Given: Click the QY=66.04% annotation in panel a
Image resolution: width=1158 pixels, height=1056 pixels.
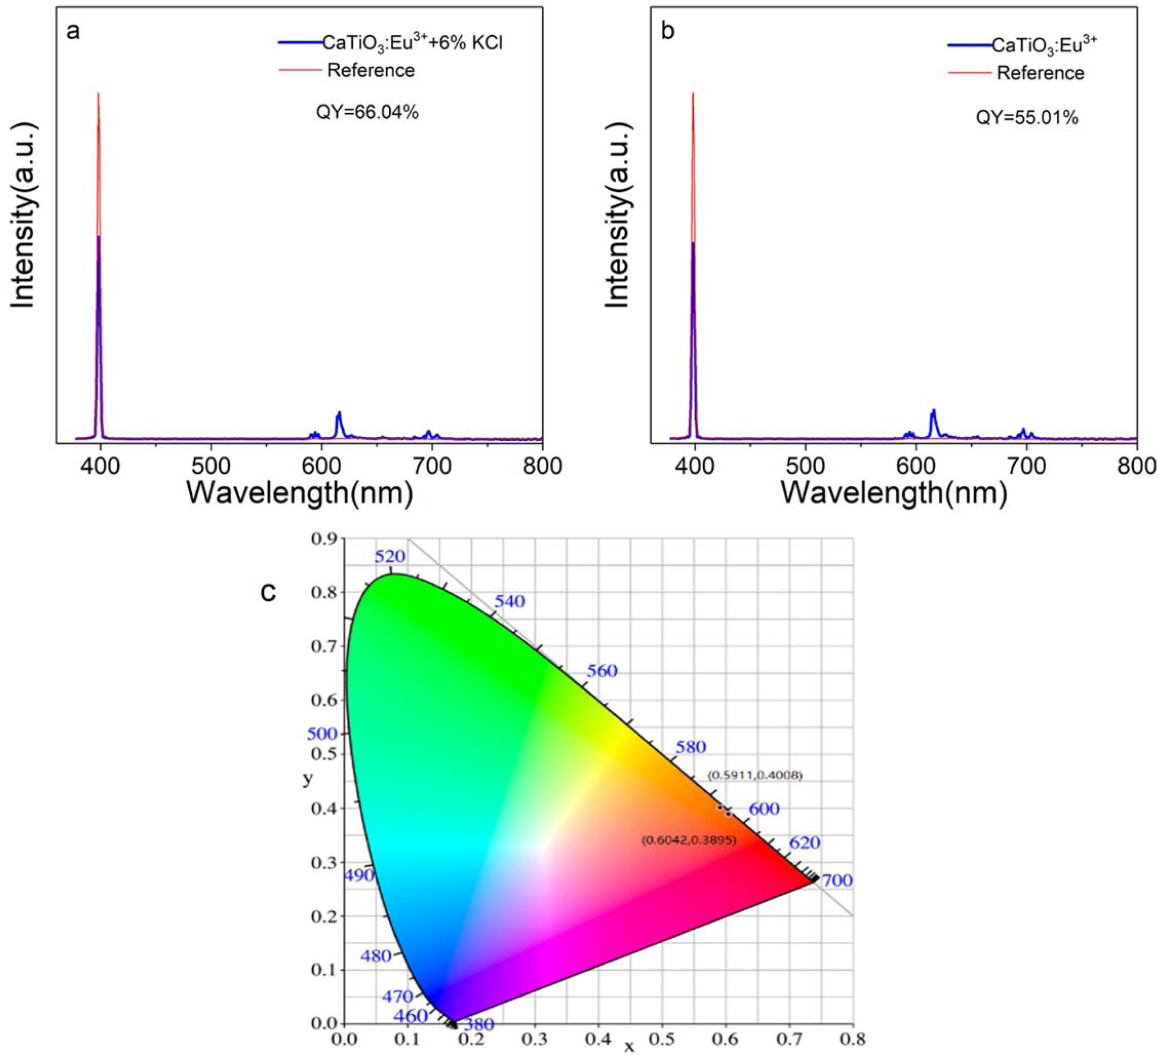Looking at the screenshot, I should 367,112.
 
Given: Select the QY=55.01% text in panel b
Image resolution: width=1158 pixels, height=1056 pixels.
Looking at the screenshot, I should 1027,118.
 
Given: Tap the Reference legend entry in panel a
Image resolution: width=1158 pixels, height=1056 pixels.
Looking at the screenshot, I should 371,70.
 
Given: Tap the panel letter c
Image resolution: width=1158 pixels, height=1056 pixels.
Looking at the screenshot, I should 268,591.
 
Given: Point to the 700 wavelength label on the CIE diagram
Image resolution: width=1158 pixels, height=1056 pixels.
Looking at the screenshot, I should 837,881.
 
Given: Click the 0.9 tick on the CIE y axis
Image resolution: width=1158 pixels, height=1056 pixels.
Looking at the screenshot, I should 324,539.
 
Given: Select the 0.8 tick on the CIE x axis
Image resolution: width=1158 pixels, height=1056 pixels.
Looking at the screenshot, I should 853,1039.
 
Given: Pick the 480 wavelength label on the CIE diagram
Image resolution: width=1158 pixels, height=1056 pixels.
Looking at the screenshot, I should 376,956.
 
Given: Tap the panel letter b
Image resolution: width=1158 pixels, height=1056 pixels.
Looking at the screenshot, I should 667,31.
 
